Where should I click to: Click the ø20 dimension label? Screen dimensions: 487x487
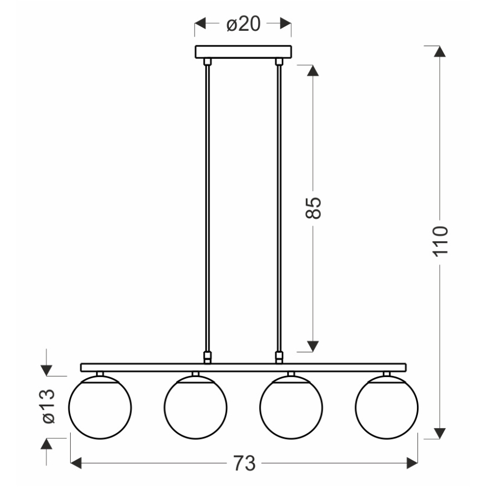(243, 25)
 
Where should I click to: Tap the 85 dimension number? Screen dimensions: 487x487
(314, 208)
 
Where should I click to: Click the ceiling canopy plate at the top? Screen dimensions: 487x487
(243, 52)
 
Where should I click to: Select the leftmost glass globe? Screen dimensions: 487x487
(100, 405)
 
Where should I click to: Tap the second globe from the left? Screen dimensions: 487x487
(195, 405)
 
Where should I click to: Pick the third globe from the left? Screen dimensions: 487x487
(291, 405)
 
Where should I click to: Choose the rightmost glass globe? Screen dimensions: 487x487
(387, 405)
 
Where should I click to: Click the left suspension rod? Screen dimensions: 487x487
(208, 208)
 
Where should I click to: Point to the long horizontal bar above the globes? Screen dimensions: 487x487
(243, 367)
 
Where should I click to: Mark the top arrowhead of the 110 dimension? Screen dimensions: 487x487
(441, 50)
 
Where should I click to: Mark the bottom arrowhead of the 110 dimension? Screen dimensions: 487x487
(441, 433)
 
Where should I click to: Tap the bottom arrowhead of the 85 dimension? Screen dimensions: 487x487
(314, 346)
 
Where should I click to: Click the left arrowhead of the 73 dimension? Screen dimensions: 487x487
(76, 463)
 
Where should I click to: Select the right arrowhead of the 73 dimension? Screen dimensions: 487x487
(412, 463)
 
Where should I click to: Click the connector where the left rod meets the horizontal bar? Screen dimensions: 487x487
(208, 357)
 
